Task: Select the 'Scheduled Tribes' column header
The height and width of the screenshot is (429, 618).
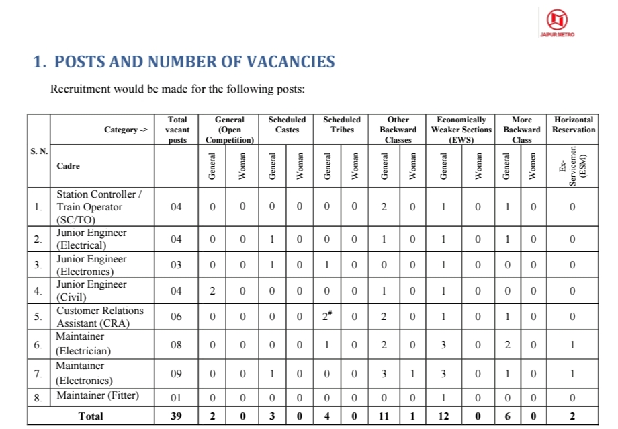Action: pyautogui.click(x=342, y=124)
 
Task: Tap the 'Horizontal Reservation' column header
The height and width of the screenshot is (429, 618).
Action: pyautogui.click(x=573, y=124)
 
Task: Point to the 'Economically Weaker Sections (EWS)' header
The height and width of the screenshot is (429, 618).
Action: pyautogui.click(x=461, y=129)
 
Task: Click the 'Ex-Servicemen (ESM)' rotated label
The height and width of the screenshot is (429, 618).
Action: pyautogui.click(x=573, y=165)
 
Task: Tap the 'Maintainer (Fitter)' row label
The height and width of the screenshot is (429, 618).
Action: pyautogui.click(x=97, y=395)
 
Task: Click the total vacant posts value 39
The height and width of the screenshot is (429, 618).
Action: pyautogui.click(x=175, y=416)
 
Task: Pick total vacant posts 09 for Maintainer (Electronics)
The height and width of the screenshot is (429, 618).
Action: pyautogui.click(x=175, y=373)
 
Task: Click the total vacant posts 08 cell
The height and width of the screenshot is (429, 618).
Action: pyautogui.click(x=175, y=344)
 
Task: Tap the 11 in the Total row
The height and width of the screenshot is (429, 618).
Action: pyautogui.click(x=384, y=416)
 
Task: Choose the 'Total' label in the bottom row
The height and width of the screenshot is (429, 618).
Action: pyautogui.click(x=91, y=416)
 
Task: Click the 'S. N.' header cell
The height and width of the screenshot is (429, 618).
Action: pyautogui.click(x=39, y=151)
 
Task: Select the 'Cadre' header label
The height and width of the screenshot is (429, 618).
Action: pyautogui.click(x=68, y=165)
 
